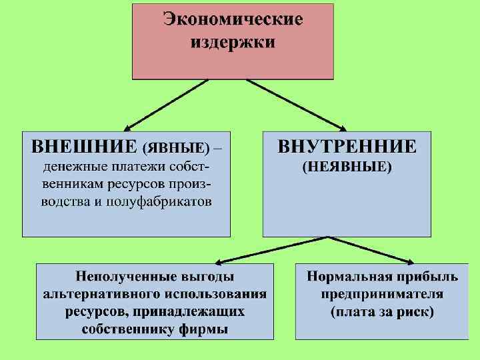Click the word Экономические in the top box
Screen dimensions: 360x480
[x=233, y=19]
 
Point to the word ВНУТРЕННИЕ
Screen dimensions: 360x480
[x=347, y=146]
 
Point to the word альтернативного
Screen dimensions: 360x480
[x=103, y=294]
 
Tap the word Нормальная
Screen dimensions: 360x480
[x=349, y=276]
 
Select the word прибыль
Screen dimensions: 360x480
[x=425, y=276]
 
